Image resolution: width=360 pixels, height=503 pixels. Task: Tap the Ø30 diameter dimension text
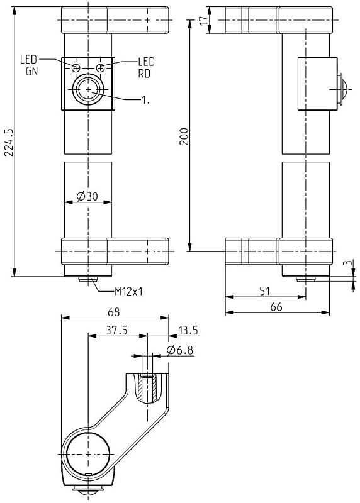tap(87, 196)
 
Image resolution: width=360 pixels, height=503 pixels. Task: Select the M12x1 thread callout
tap(129, 291)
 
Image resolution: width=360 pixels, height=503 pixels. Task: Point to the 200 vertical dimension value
tap(184, 136)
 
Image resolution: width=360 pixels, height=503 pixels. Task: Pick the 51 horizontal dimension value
tap(264, 291)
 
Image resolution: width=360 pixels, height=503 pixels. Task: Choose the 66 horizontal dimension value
tap(276, 307)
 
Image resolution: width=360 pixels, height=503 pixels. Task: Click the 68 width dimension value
tap(114, 312)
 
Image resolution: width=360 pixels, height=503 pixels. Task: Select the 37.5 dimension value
tap(117, 330)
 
